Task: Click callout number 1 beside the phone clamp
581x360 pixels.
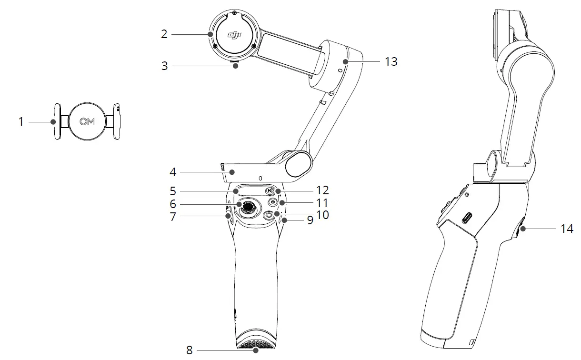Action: pyautogui.click(x=21, y=122)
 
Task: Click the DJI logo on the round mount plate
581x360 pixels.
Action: pyautogui.click(x=233, y=34)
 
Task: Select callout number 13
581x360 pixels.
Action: pyautogui.click(x=391, y=61)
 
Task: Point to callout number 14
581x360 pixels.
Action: pyautogui.click(x=567, y=229)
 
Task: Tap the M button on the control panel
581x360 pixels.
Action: pyautogui.click(x=270, y=191)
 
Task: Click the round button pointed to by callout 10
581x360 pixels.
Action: pyautogui.click(x=269, y=215)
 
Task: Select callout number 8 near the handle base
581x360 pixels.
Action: pyautogui.click(x=190, y=351)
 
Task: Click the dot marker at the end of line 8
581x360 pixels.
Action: pyautogui.click(x=256, y=351)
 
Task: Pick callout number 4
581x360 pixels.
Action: pyautogui.click(x=173, y=171)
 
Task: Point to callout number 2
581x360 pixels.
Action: pyautogui.click(x=164, y=34)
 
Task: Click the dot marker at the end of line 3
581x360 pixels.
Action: pyautogui.click(x=235, y=66)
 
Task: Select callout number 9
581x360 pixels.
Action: pyautogui.click(x=310, y=221)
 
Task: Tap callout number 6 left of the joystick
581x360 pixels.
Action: pyautogui.click(x=173, y=204)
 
